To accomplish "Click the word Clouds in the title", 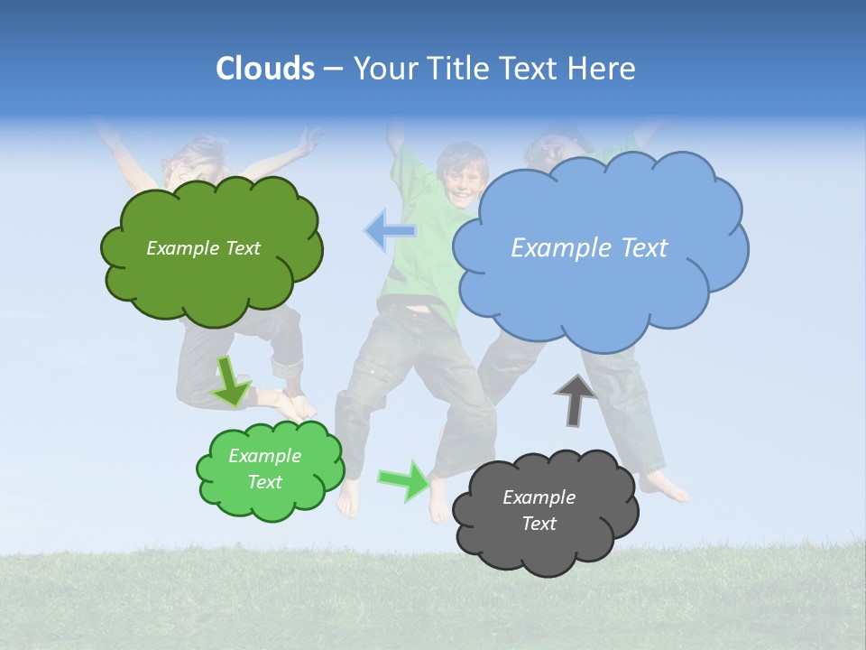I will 264,69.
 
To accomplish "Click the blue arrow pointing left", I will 390,231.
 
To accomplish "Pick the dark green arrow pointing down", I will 231,381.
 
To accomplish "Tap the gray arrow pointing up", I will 575,401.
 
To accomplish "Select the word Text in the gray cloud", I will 539,524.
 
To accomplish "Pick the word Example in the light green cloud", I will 264,456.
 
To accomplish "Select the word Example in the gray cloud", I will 539,497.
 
